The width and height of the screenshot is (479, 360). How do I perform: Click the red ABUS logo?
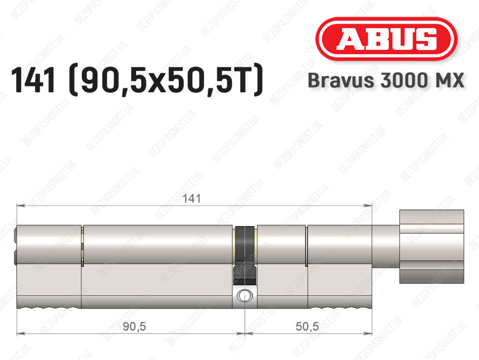pos(386,39)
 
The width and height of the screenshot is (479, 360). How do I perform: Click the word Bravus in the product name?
pos(341,81)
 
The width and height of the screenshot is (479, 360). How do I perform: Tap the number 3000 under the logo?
pos(403,81)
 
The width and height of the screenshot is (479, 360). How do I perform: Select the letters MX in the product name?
pos(449,81)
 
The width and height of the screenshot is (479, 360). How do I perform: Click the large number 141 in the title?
pos(34,80)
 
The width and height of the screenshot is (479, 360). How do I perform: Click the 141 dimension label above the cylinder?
pos(191,198)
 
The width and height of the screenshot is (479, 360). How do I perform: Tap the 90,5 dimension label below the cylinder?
pos(134,326)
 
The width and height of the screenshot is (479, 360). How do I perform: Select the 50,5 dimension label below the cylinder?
pos(307,326)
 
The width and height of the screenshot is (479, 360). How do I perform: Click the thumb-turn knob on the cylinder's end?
pos(432,247)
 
